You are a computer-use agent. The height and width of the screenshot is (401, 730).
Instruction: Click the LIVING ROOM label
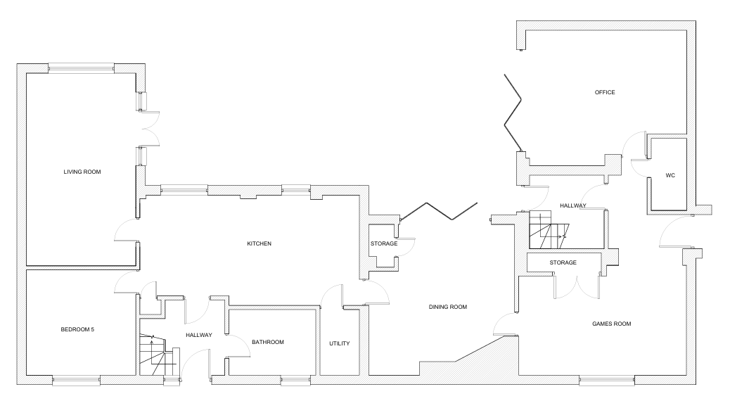pyautogui.click(x=82, y=172)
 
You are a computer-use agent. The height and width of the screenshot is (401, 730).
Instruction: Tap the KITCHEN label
pyautogui.click(x=259, y=243)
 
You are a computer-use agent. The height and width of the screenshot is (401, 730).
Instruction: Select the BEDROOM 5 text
pyautogui.click(x=77, y=330)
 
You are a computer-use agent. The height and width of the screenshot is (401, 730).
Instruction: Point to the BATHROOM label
pyautogui.click(x=268, y=343)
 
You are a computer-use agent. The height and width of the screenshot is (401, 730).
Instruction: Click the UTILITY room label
pyautogui.click(x=340, y=344)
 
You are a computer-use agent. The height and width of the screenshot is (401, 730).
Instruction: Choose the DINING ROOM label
pyautogui.click(x=447, y=307)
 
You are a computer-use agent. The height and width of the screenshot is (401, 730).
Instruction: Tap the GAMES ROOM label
pyautogui.click(x=611, y=324)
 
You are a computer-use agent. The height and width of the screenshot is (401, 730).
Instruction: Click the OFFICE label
pyautogui.click(x=605, y=93)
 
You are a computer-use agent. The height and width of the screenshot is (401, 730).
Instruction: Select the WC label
pyautogui.click(x=670, y=176)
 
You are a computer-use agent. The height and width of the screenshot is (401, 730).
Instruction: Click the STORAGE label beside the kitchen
pyautogui.click(x=384, y=243)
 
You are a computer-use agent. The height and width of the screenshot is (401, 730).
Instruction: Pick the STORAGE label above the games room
pyautogui.click(x=563, y=262)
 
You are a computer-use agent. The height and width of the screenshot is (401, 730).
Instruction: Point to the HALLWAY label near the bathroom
pyautogui.click(x=199, y=336)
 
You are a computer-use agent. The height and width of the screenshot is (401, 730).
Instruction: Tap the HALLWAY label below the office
pyautogui.click(x=572, y=206)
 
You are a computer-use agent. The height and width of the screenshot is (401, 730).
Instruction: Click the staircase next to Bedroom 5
pyautogui.click(x=159, y=355)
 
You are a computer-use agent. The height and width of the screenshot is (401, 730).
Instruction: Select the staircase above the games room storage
pyautogui.click(x=549, y=230)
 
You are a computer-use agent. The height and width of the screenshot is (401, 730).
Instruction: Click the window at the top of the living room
pyautogui.click(x=81, y=68)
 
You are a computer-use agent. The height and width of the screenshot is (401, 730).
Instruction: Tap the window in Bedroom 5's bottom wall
pyautogui.click(x=77, y=381)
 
